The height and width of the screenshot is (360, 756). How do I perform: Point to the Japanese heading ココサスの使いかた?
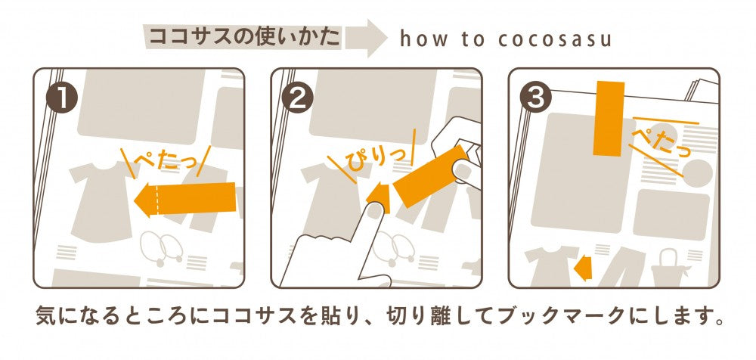coord(243,36)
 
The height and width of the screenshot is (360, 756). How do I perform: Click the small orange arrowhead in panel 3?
coord(582,266)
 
